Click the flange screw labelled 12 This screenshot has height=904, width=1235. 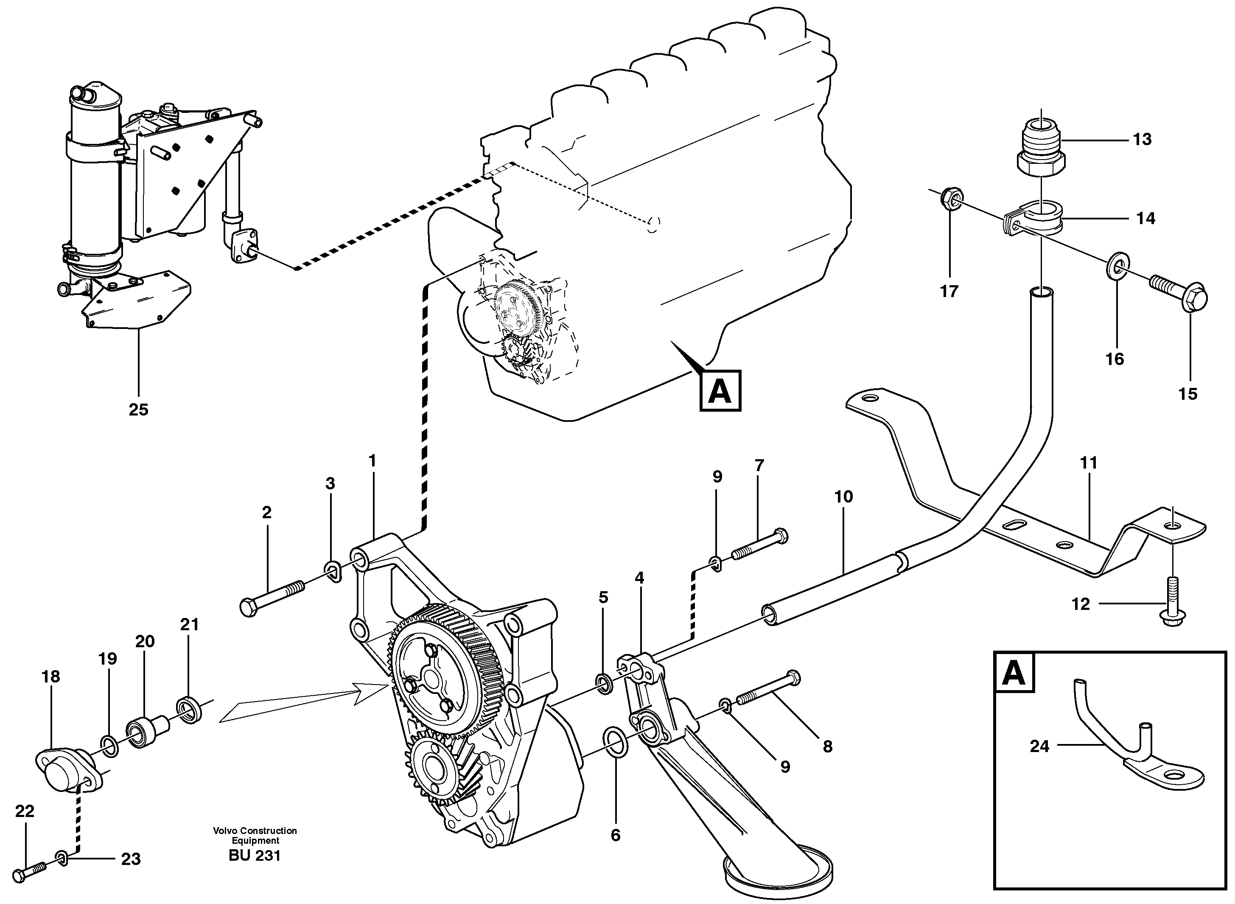tap(1171, 607)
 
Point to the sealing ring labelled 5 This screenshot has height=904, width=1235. tap(604, 684)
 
